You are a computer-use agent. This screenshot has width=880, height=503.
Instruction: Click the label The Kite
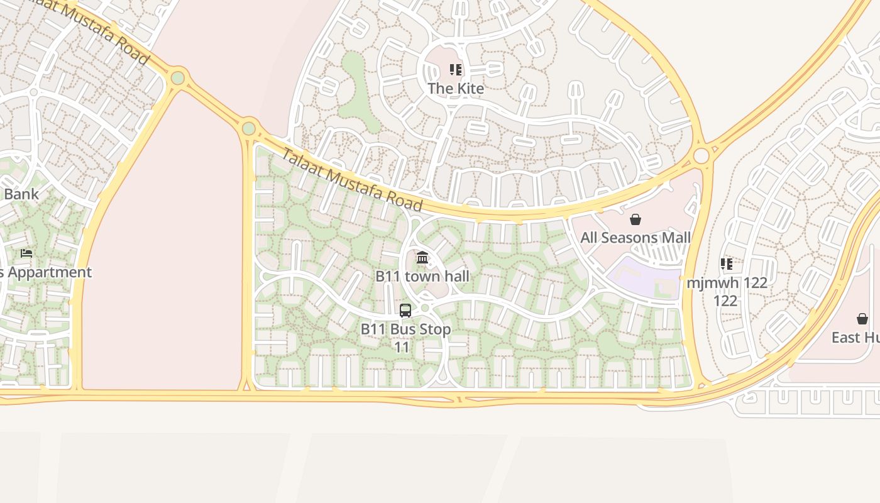(x=456, y=89)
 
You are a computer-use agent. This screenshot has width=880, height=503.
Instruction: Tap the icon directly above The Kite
(x=456, y=70)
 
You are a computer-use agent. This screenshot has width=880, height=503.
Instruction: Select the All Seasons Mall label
(x=635, y=238)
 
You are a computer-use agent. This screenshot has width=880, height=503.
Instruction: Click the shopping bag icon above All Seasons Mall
(x=635, y=219)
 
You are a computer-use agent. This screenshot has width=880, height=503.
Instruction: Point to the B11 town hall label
(x=422, y=276)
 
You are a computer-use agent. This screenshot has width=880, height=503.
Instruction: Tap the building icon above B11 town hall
(x=422, y=258)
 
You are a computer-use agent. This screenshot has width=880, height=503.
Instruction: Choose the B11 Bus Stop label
(x=405, y=329)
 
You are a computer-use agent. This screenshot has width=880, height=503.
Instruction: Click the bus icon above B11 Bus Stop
(x=405, y=311)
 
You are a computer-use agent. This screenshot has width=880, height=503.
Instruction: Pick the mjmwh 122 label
(x=727, y=283)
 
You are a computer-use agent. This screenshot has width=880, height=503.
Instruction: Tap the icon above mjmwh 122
(x=727, y=263)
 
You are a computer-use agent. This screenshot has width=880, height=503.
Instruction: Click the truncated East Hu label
(x=855, y=338)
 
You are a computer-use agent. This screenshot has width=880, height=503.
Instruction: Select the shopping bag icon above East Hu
(x=862, y=319)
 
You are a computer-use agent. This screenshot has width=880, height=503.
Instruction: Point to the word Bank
(x=21, y=194)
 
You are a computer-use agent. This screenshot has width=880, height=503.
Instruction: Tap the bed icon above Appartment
(x=26, y=253)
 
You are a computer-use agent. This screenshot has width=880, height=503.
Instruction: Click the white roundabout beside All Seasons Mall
(x=701, y=155)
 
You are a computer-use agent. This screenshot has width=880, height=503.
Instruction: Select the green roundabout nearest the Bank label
(x=178, y=78)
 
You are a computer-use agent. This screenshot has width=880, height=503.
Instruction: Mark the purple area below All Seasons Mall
(x=641, y=277)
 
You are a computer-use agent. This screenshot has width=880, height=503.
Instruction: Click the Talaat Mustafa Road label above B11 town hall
(x=351, y=179)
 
